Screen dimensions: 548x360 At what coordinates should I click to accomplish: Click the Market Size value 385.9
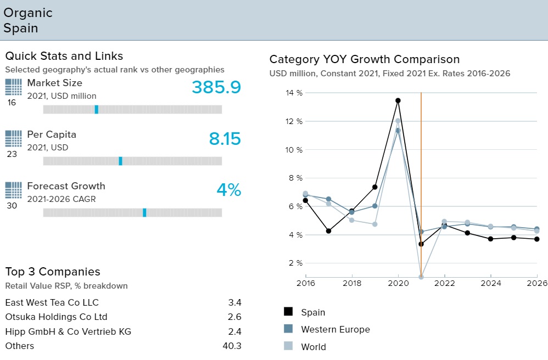pos(216,87)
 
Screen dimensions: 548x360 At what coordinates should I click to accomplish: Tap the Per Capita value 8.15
pos(225,139)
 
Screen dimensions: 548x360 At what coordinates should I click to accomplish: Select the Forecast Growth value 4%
pos(229,190)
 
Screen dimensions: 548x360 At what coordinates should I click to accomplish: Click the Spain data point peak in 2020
pos(398,100)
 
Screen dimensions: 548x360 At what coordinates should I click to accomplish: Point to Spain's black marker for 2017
pos(328,231)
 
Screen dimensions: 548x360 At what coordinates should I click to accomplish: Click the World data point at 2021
pos(421,277)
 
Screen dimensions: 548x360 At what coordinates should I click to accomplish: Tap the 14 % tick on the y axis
pos(294,93)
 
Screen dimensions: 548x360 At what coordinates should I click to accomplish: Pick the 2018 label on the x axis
pos(352,283)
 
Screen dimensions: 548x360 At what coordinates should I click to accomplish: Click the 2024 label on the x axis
pos(491,283)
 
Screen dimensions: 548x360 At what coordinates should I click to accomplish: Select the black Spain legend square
pos(288,311)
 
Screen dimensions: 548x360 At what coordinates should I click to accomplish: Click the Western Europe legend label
pos(335,329)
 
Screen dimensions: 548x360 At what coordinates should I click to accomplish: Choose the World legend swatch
pos(288,346)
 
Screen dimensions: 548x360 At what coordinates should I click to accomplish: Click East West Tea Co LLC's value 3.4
pos(234,302)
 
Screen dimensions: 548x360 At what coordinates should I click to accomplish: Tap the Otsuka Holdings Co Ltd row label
pos(56,317)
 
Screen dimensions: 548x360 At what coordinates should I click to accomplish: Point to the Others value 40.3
pos(232,346)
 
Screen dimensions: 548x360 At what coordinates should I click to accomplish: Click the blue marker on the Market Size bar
pos(97,109)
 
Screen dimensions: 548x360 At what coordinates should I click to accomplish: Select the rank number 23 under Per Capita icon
pos(12,154)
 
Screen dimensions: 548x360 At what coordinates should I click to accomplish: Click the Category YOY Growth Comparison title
pos(365,59)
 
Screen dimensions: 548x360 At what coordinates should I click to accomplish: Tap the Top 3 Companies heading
pos(53,272)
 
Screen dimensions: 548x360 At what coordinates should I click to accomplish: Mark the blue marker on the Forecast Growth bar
pos(144,212)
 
